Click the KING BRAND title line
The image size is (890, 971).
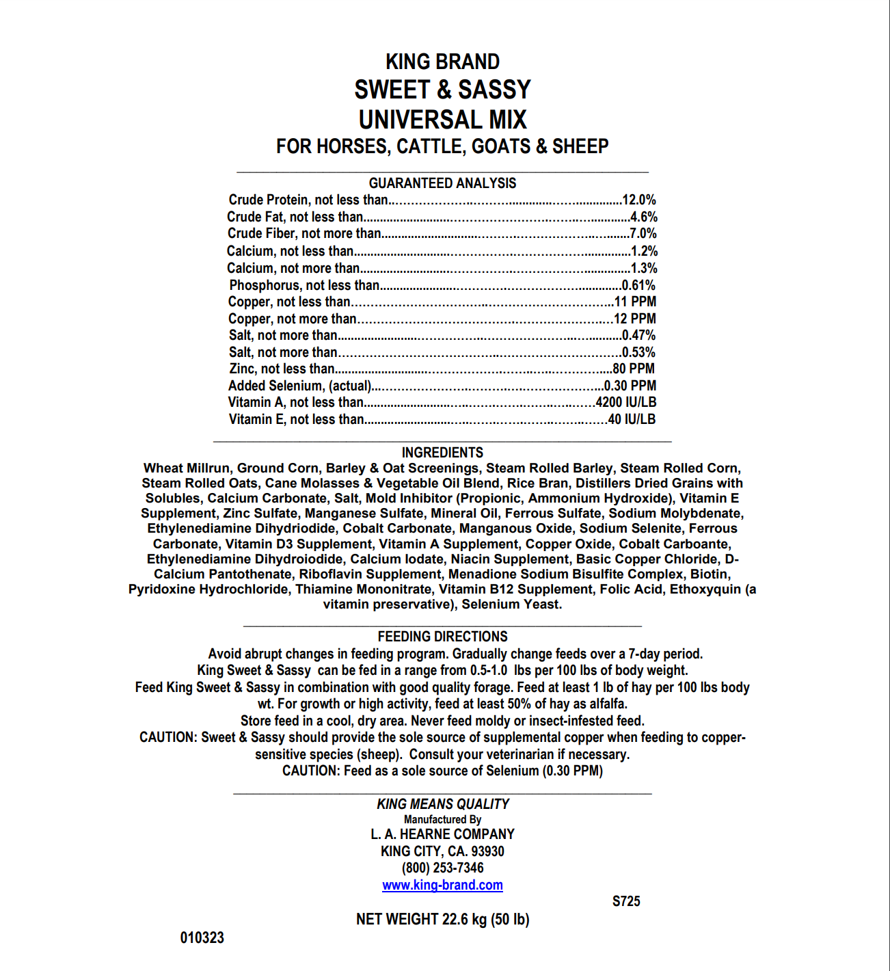coord(442,62)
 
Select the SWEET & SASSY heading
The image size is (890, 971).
coord(442,90)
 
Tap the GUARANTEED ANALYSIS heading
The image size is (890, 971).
coord(442,183)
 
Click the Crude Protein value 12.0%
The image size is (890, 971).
coord(638,200)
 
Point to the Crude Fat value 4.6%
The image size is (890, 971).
coord(643,217)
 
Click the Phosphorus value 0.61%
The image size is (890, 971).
coord(638,285)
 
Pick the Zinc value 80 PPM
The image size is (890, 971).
coord(634,369)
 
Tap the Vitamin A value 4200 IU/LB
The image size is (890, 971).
coord(625,402)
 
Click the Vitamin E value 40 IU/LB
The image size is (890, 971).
coord(632,419)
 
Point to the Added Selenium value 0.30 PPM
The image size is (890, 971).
coord(630,386)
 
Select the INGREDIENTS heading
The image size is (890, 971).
coord(442,453)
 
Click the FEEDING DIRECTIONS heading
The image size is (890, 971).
coord(442,637)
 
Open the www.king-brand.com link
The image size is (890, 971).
coord(442,885)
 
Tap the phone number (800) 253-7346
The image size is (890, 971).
coord(442,868)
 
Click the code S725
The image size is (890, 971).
coord(626,901)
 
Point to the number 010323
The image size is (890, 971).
coord(202,937)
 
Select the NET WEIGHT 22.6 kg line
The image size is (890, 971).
coord(442,919)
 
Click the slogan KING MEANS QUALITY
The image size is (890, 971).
coord(442,804)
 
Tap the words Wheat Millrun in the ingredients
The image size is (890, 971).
coord(187,468)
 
